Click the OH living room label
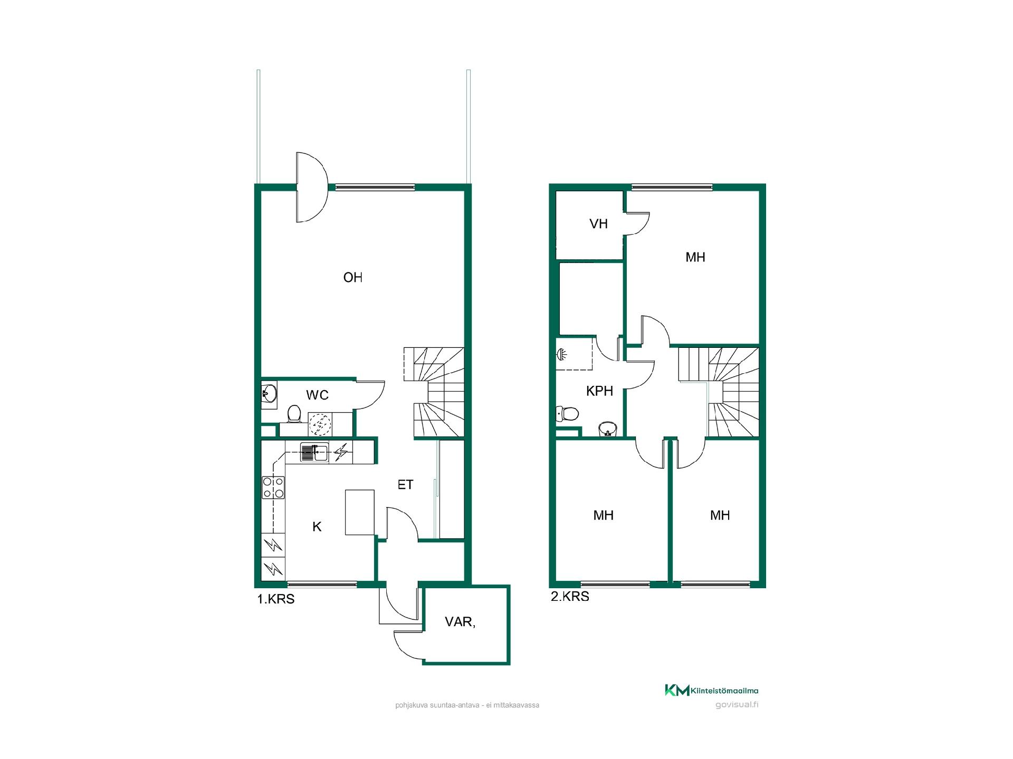352,277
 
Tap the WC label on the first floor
317,395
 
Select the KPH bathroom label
599,391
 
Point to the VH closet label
598,224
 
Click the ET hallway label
405,484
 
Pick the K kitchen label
317,527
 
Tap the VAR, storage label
460,622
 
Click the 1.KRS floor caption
275,599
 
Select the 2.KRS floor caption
570,597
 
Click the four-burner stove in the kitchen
273,487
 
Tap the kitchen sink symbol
314,452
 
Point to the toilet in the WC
294,414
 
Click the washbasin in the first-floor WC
269,393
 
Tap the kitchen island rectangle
360,512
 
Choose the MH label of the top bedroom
695,257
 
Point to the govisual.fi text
737,705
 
